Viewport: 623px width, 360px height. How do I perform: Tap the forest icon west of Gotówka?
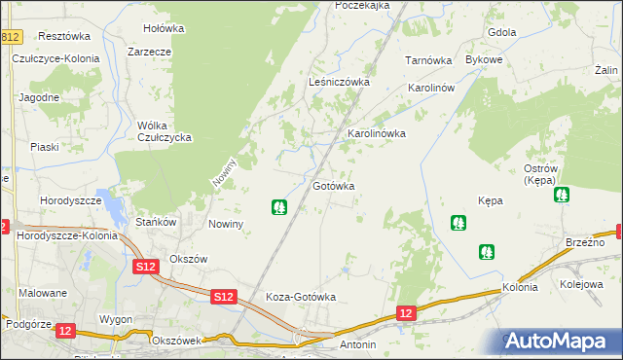coord(279,207)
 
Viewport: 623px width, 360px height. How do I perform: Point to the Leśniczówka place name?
coord(339,83)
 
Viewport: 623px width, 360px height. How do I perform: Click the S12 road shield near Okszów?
coord(146,267)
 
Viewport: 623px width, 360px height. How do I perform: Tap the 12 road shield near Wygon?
coord(65,331)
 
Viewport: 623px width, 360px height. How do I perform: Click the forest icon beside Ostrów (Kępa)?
coord(562,196)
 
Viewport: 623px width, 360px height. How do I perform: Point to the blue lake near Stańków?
coord(117,209)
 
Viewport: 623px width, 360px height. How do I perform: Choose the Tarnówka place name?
coord(429,60)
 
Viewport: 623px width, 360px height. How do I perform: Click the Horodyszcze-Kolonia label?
coord(67,235)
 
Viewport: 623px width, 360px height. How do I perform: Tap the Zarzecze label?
coord(149,52)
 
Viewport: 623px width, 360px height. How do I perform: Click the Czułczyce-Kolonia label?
coord(55,58)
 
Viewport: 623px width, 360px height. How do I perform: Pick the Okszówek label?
coord(176,341)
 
